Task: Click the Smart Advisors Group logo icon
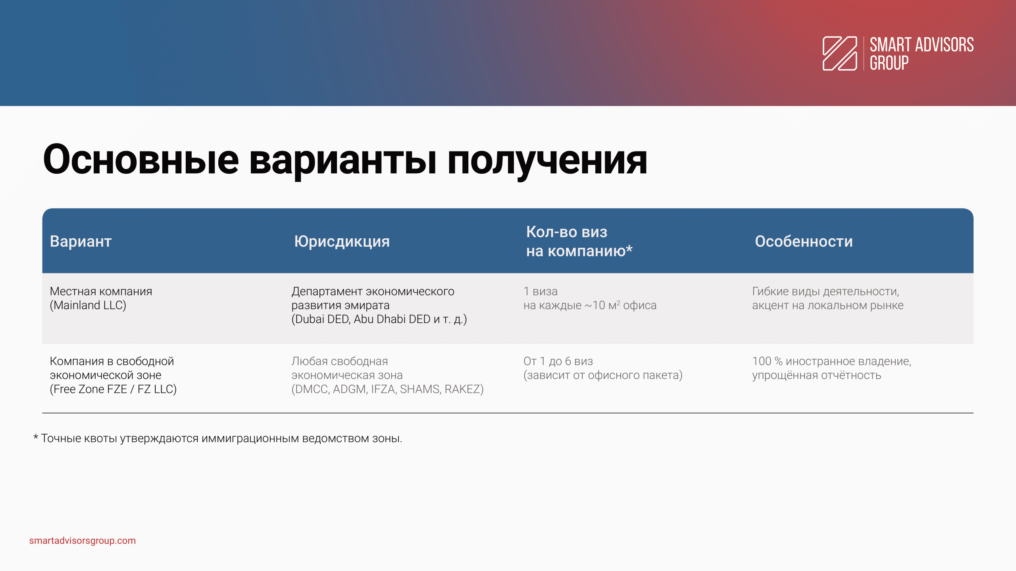pos(839,54)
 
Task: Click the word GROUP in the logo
pos(889,63)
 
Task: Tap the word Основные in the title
pos(141,160)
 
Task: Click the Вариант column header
pos(81,241)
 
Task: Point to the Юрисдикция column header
pos(342,241)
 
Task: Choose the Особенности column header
pos(804,241)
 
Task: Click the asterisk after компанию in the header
pos(629,249)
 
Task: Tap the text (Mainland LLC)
pos(88,305)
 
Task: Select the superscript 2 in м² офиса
pos(618,302)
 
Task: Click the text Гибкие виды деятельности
pos(825,291)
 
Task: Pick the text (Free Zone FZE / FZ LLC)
pos(113,389)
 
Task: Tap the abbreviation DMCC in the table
pos(312,389)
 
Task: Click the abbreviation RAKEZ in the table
pos(462,389)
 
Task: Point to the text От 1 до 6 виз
pos(558,361)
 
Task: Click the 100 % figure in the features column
pos(767,361)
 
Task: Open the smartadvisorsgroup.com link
pos(83,541)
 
